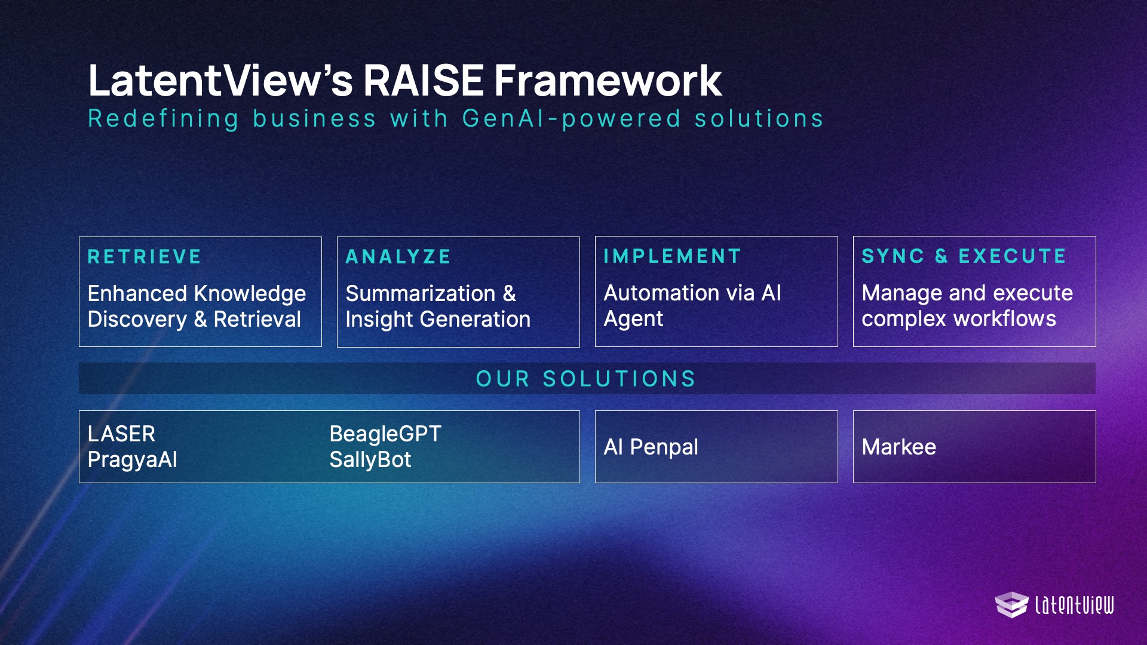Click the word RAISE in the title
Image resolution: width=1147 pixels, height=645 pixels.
pyautogui.click(x=423, y=80)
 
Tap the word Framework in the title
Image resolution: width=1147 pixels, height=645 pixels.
pyautogui.click(x=608, y=80)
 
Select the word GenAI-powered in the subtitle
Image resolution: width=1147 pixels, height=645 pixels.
pyautogui.click(x=572, y=119)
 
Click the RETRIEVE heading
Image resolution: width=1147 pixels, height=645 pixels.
pyautogui.click(x=145, y=257)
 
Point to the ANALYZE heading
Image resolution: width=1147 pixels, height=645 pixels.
pyautogui.click(x=398, y=257)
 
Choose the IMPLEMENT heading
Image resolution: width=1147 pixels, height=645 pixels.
pyautogui.click(x=673, y=256)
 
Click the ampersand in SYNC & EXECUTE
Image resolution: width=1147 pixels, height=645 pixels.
pyautogui.click(x=941, y=256)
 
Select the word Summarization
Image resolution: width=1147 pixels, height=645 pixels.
pyautogui.click(x=421, y=293)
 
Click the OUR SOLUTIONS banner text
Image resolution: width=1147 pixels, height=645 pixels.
pyautogui.click(x=586, y=379)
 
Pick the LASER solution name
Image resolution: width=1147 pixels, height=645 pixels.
pyautogui.click(x=121, y=434)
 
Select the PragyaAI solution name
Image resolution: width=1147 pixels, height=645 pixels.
pyautogui.click(x=133, y=460)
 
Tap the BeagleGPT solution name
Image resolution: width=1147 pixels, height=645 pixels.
pyautogui.click(x=385, y=434)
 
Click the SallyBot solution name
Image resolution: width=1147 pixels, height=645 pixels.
pyautogui.click(x=370, y=460)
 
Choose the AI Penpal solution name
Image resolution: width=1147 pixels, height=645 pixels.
pyautogui.click(x=651, y=447)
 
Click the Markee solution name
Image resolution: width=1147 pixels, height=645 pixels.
pyautogui.click(x=899, y=447)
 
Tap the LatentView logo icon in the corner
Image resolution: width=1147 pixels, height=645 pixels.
pyautogui.click(x=1011, y=604)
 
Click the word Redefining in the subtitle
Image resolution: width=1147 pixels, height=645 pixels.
pyautogui.click(x=164, y=119)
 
